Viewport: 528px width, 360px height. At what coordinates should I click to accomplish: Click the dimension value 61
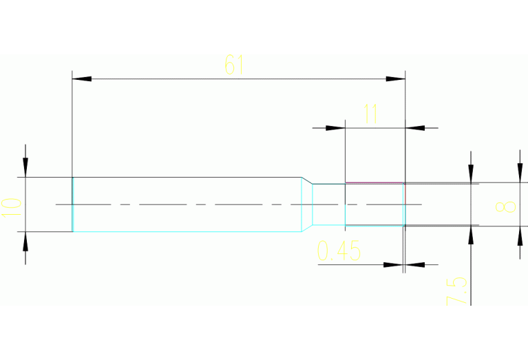point(234,65)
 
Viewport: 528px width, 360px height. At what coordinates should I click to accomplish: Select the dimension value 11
point(370,114)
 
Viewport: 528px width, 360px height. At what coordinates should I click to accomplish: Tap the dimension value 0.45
point(339,251)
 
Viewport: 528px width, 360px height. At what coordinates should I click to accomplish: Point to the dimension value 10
point(12,205)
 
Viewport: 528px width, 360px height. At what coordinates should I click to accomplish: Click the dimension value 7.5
point(456,292)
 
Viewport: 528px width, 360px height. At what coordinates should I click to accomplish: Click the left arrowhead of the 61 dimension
point(82,79)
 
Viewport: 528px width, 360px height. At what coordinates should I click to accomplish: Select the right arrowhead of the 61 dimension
point(395,79)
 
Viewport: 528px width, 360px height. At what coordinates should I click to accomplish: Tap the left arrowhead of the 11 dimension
point(335,127)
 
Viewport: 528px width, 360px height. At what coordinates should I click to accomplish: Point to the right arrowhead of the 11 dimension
point(415,127)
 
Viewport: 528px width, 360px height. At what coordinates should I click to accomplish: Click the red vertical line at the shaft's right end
point(405,194)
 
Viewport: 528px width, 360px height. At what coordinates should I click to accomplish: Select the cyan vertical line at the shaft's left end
point(72,204)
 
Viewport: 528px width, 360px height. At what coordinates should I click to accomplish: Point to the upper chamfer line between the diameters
point(307,180)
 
